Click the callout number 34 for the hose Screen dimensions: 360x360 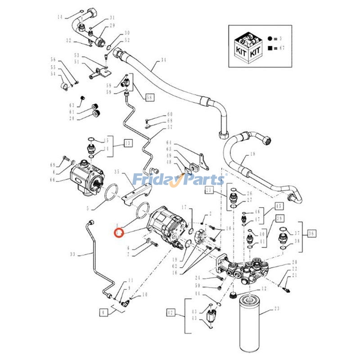click(x=163, y=60)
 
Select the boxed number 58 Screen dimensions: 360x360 click(x=149, y=97)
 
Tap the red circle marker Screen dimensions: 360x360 click(x=119, y=233)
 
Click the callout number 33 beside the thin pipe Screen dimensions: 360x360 click(x=72, y=255)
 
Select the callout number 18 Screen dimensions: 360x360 click(x=252, y=154)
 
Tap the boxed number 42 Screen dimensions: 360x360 click(x=170, y=312)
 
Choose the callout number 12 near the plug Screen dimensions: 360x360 click(x=265, y=288)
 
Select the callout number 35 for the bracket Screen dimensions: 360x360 click(x=117, y=172)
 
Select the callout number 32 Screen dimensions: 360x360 click(x=69, y=41)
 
